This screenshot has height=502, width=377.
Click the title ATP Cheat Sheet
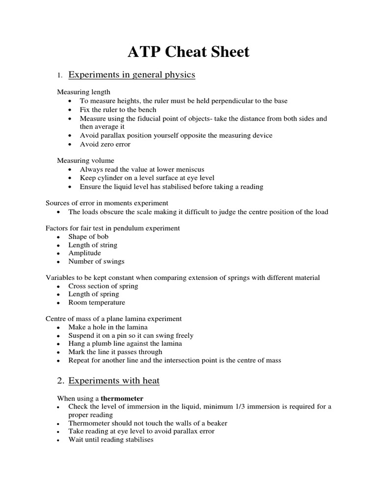188,51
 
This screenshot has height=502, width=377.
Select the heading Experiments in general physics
132,75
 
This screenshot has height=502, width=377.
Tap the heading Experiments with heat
114,380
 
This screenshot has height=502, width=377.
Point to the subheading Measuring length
83,92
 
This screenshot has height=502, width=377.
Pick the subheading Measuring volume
85,160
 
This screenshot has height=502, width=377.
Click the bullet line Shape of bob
89,236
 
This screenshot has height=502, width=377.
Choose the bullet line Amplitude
84,253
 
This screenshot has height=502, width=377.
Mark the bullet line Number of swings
96,261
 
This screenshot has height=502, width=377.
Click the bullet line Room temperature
97,302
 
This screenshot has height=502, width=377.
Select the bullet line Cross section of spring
103,286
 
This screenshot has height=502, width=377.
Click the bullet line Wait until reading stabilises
111,440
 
